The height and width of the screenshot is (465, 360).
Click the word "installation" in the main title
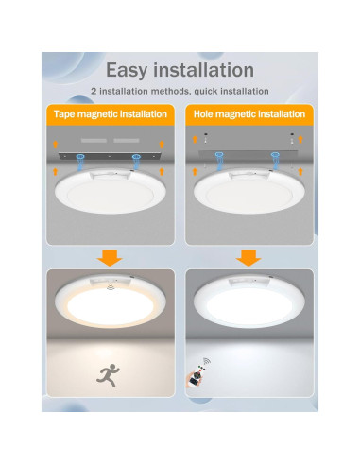210,70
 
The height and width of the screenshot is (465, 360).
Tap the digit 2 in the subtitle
94,91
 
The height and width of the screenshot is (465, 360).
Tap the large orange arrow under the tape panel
110,256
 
